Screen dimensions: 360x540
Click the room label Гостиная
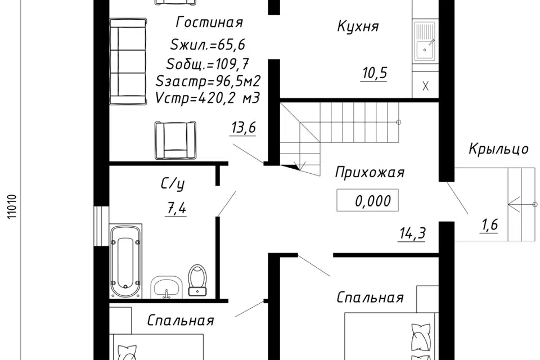[x=209, y=22]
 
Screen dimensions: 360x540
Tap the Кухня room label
[x=358, y=26]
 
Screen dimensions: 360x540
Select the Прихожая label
[x=370, y=173]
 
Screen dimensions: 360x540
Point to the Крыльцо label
[x=499, y=149]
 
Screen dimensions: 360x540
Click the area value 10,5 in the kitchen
[x=375, y=74]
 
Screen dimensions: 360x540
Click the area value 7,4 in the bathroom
[x=175, y=209]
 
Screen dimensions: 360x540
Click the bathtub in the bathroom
[x=126, y=261]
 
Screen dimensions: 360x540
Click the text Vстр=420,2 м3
[x=207, y=98]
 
